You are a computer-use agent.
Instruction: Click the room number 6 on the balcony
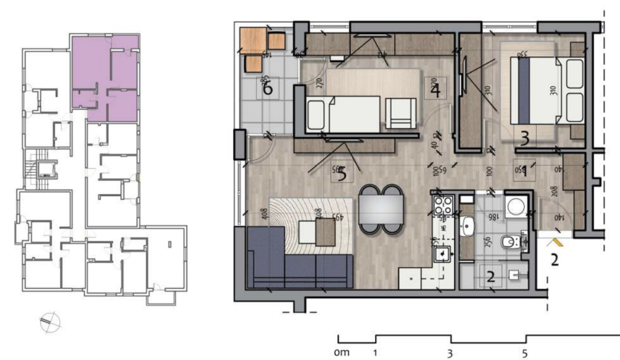pos(268,89)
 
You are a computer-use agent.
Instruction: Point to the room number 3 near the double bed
pos(525,139)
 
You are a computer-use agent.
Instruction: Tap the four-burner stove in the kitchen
pos(443,205)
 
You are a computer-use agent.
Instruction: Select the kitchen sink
pos(443,253)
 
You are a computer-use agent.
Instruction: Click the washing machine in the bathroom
pos(516,208)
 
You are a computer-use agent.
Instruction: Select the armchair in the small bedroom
pos(400,113)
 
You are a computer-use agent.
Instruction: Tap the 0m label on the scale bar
pos(342,353)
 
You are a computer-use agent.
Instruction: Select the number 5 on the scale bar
pos(526,353)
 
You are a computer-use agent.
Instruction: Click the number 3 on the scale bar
pos(450,353)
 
